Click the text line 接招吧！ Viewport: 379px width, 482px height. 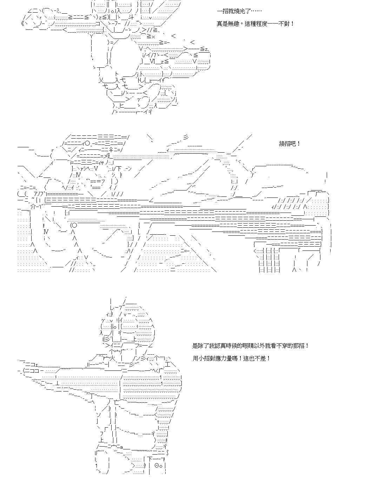[290, 144]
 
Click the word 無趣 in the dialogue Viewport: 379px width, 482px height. [233, 24]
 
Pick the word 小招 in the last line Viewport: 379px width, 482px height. [204, 358]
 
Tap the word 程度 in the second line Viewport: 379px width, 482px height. [261, 24]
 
